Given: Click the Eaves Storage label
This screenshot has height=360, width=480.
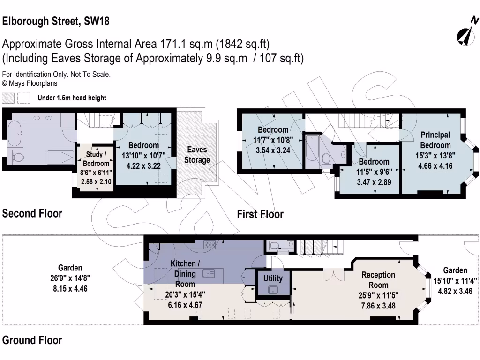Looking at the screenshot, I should point(197,155).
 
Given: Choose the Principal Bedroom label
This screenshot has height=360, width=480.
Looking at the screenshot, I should point(435,140).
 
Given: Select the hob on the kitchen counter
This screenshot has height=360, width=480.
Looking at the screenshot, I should point(210,244).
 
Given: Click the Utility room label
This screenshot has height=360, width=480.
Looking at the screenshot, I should point(273,278).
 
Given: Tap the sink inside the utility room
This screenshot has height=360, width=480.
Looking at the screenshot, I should point(273,290).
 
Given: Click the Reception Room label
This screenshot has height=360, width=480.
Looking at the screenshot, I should point(378,280).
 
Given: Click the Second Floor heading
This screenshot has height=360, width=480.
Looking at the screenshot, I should point(32,213).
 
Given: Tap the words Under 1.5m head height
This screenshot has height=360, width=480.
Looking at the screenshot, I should point(72,98).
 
